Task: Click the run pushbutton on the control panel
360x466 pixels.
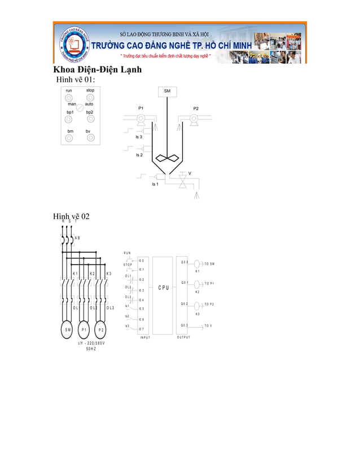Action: (69, 98)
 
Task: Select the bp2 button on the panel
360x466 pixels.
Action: (90, 118)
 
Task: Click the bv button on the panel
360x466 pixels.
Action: (90, 138)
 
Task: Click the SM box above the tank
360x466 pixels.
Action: (167, 91)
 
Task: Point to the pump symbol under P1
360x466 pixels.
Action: (141, 119)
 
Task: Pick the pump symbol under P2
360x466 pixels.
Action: (193, 119)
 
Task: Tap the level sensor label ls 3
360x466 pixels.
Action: (139, 137)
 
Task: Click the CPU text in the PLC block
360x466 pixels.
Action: (163, 288)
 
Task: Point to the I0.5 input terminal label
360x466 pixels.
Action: (141, 309)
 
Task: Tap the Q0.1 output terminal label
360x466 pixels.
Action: (185, 283)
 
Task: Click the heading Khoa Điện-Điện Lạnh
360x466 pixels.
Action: (97, 70)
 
